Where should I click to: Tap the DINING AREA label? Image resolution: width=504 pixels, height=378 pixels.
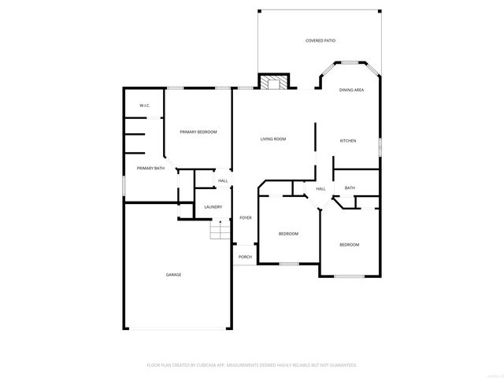351,91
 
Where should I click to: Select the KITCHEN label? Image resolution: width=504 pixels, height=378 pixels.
347,141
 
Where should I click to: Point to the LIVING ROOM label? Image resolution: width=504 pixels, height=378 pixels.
273,139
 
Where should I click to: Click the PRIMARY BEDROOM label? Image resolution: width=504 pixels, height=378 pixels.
198,132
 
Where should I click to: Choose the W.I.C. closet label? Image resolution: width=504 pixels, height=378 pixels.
144,106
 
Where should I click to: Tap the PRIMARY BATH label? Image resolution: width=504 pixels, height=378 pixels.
150,168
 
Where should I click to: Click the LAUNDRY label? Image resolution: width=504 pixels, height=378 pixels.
213,207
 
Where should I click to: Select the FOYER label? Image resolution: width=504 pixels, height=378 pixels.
246,218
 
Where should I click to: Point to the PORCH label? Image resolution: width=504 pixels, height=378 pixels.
245,257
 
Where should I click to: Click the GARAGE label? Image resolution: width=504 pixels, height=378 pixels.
173,275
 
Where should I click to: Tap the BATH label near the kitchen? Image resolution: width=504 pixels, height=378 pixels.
350,188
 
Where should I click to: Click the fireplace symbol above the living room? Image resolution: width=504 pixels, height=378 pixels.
273,82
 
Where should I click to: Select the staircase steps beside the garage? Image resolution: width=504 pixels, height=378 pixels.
220,232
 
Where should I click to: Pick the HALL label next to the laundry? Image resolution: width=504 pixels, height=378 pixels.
223,181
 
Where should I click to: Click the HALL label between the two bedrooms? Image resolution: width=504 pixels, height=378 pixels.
321,189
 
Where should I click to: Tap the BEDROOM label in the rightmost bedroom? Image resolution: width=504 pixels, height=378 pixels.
349,245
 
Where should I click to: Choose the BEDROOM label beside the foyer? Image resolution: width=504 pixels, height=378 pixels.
288,234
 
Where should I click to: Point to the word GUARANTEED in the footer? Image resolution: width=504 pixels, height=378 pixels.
340,365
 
